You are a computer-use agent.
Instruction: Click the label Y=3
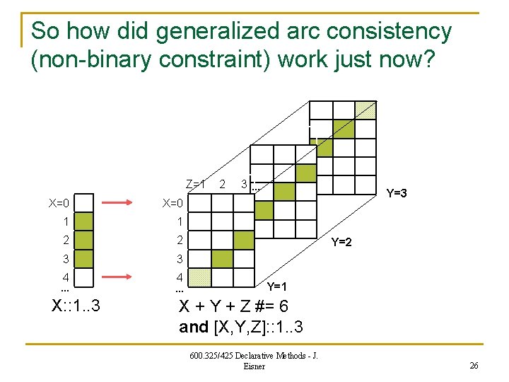pos(396,193)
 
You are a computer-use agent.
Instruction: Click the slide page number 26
pos(474,365)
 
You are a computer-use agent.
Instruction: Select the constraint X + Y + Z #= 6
pos(234,308)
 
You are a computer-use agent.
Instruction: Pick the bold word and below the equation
pos(194,327)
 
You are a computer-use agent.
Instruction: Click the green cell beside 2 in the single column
pos(83,241)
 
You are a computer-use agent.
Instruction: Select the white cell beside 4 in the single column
pos(83,277)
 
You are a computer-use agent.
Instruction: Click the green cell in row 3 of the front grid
pos(222,259)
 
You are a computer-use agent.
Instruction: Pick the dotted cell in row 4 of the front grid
pos(201,277)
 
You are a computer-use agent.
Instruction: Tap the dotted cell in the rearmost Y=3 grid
pos(365,110)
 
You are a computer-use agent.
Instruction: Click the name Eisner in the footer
pos(254,366)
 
